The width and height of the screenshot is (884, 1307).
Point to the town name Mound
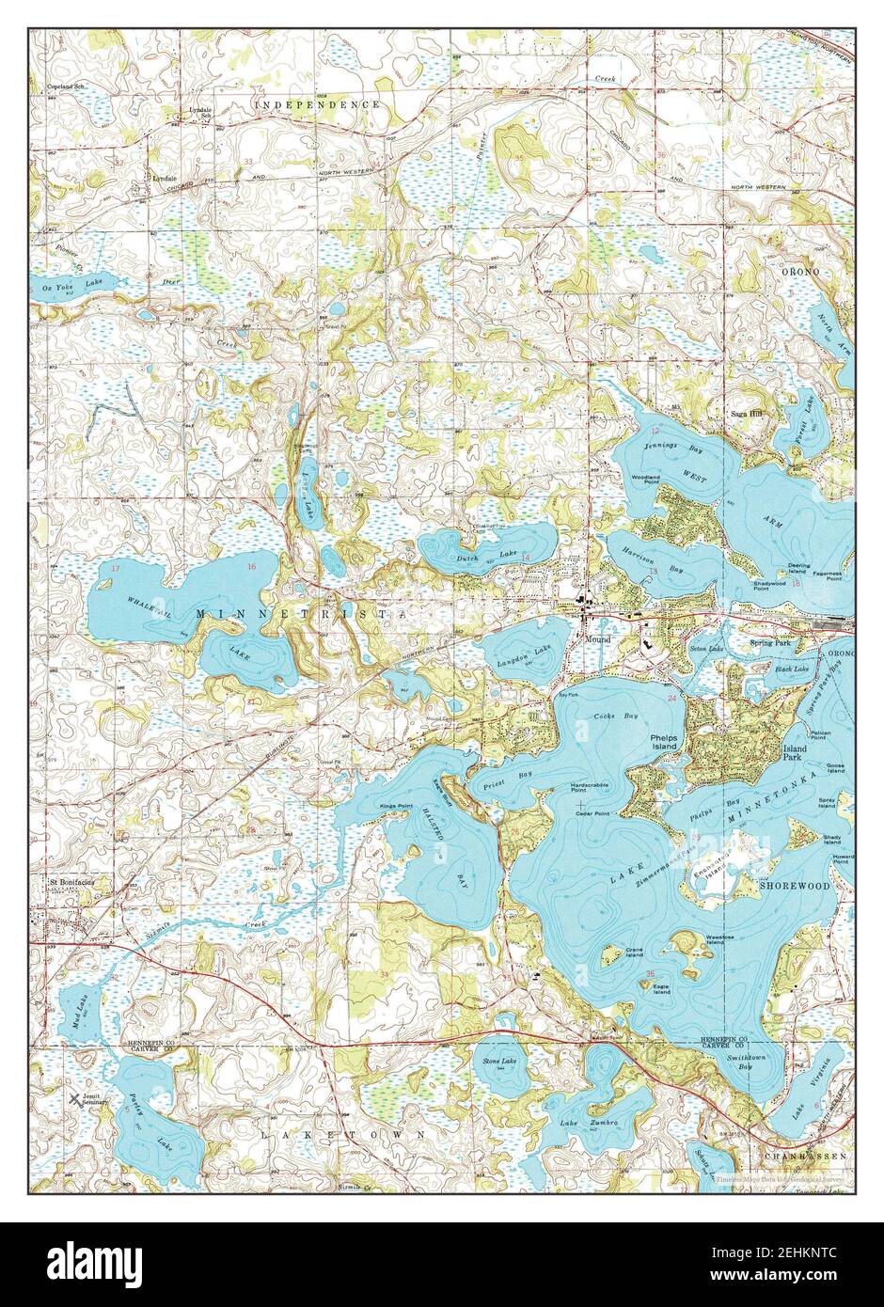(597, 639)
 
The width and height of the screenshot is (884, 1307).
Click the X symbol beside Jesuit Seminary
(74, 1097)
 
